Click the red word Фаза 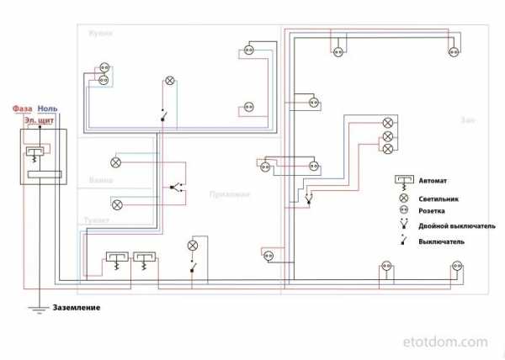pos(23,109)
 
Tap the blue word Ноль pos(49,109)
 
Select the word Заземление pos(77,308)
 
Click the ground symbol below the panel pos(39,313)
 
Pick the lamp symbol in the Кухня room pos(169,82)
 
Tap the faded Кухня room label pos(99,33)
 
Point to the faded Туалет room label pos(97,220)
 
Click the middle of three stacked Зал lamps pos(388,135)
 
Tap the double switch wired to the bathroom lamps pos(173,186)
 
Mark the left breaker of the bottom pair pos(116,259)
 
